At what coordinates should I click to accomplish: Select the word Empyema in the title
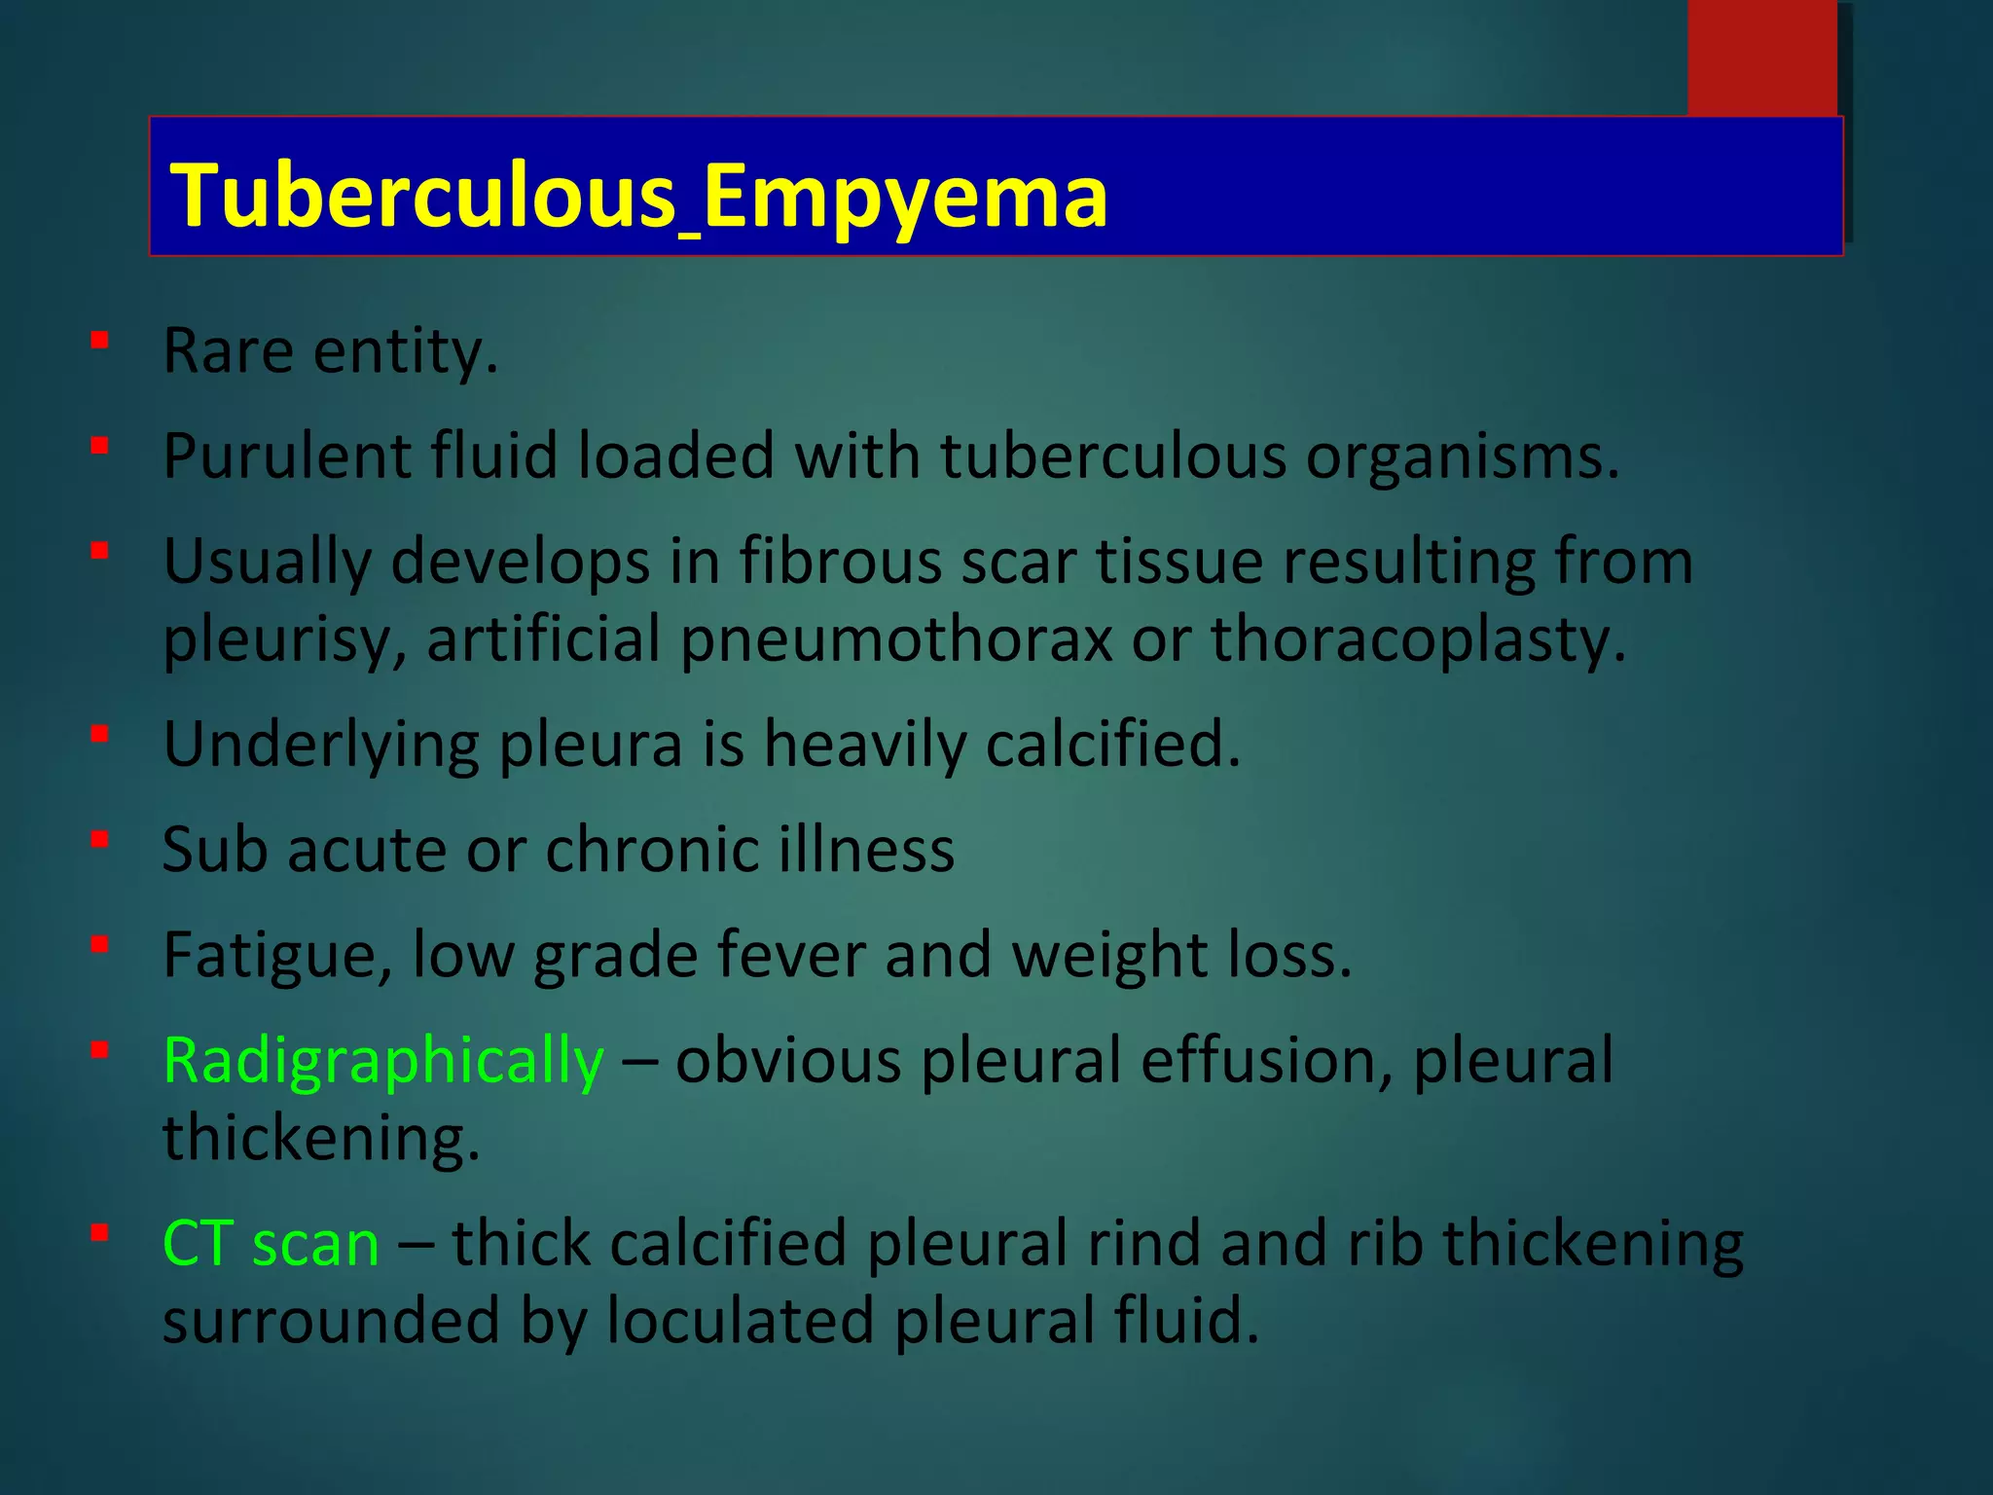coord(904,198)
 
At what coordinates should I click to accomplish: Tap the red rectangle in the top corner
coord(1761,58)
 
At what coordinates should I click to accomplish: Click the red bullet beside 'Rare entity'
coord(99,341)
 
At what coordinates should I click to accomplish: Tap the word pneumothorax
coord(895,640)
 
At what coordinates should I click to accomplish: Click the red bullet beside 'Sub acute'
coord(99,839)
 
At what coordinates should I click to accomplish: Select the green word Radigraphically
coord(383,1061)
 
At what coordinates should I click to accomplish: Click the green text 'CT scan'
coord(271,1244)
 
